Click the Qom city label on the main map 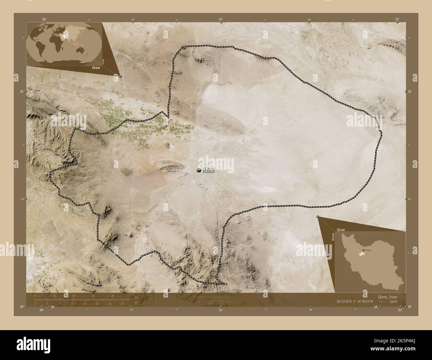click(x=208, y=170)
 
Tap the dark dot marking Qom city click(x=199, y=170)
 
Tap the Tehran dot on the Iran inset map click(x=363, y=250)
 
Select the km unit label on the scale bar click(x=136, y=297)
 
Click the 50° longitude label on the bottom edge click(x=42, y=310)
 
